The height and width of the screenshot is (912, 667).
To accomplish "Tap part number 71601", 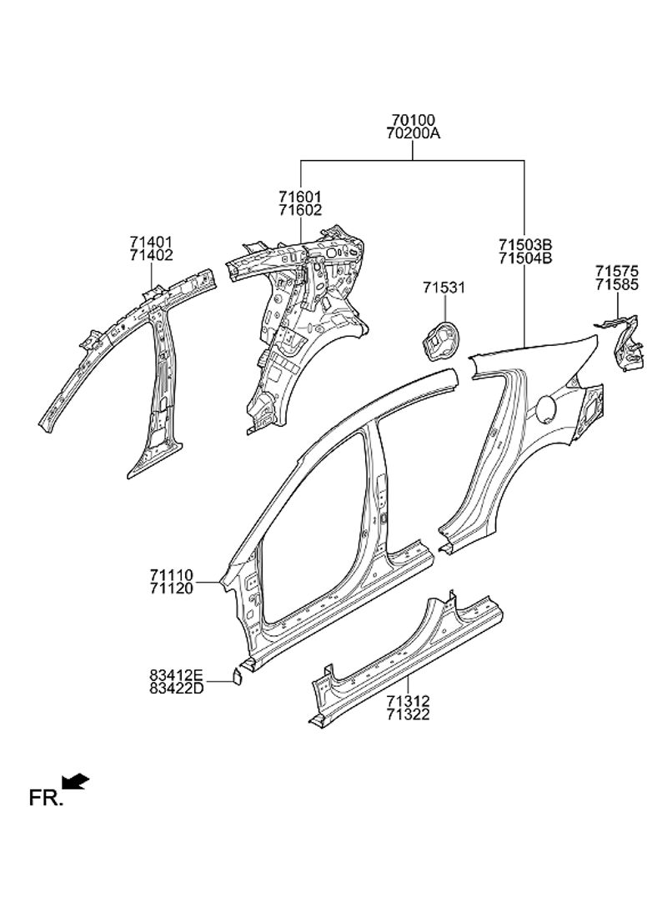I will (x=300, y=197).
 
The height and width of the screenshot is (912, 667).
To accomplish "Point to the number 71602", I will (x=300, y=210).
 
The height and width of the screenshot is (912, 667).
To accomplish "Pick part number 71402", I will (x=151, y=255).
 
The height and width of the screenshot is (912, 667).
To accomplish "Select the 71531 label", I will (x=444, y=288).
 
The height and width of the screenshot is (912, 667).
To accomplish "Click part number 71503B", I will (x=525, y=245).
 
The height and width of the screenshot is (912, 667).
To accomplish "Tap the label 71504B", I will (x=525, y=258).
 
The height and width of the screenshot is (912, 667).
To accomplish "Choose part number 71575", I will (x=616, y=271).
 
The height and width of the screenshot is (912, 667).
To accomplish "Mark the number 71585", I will (x=616, y=284).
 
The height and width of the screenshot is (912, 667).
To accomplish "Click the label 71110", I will (x=172, y=575).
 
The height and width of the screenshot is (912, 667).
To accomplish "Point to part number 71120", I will (x=172, y=588).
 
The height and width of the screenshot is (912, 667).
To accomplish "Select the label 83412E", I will (x=176, y=674).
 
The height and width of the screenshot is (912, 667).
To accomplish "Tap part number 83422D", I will (x=176, y=688).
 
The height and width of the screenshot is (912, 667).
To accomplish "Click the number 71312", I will (x=408, y=702).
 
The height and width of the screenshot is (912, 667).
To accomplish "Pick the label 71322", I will (x=408, y=714).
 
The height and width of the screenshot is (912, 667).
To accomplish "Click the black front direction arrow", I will (x=76, y=781).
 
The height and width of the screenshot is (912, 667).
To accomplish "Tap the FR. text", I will (x=45, y=799).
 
